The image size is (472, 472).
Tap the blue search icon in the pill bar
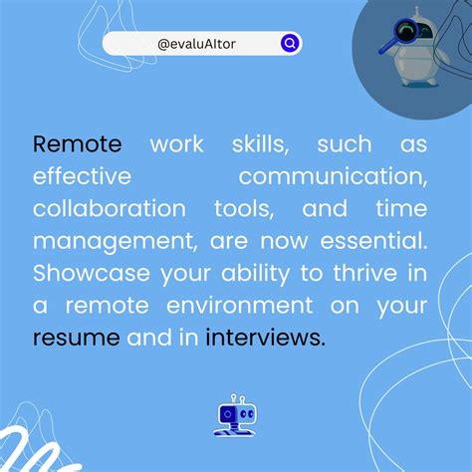(289, 44)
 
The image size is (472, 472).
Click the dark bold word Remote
(78, 144)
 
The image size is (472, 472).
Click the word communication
(333, 177)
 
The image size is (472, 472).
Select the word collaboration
(109, 209)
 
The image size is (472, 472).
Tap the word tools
(245, 209)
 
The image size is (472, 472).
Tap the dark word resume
(76, 339)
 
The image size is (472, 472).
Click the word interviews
(265, 339)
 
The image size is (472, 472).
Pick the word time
(403, 209)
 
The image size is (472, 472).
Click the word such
(344, 144)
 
